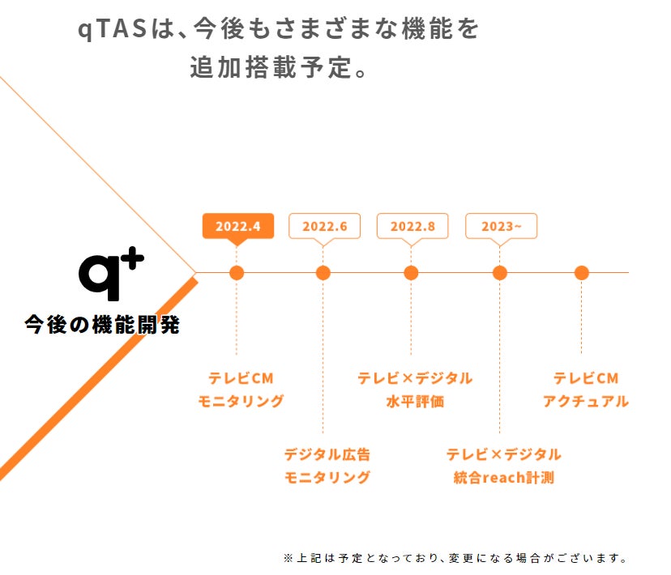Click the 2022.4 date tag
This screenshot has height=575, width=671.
click(238, 226)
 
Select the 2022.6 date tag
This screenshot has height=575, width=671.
click(324, 226)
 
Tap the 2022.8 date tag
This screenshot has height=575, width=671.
click(412, 226)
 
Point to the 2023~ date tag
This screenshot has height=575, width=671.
click(501, 226)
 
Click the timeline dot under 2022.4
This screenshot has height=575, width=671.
click(237, 273)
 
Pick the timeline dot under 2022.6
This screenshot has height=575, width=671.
click(323, 273)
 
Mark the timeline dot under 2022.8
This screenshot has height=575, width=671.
click(411, 273)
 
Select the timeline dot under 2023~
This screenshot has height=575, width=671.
click(499, 273)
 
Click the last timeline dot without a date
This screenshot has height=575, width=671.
click(581, 273)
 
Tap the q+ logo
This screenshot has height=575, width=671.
click(110, 275)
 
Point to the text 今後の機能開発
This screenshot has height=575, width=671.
click(102, 326)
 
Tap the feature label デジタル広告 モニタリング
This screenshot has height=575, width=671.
click(327, 466)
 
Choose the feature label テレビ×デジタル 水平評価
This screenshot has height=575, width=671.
click(415, 390)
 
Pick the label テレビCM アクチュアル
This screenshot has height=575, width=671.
click(585, 390)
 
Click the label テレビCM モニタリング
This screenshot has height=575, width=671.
click(241, 390)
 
